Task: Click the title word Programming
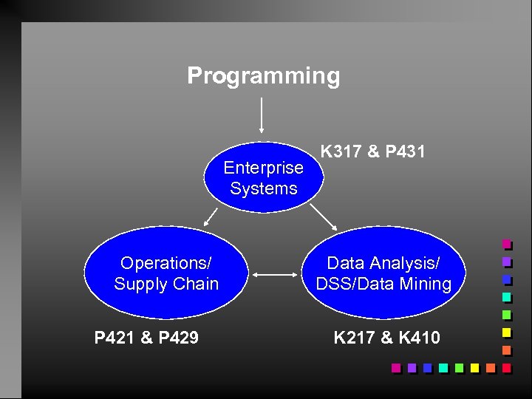pyautogui.click(x=264, y=76)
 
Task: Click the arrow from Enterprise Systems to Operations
pyautogui.click(x=211, y=216)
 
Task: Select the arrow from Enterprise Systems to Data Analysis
pyautogui.click(x=323, y=216)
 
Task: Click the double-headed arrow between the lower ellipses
pyautogui.click(x=275, y=275)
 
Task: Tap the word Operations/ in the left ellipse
pyautogui.click(x=166, y=263)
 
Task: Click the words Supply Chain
pyautogui.click(x=166, y=284)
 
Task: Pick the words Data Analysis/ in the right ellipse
pyautogui.click(x=383, y=263)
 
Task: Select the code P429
pyautogui.click(x=177, y=338)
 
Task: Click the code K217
pyautogui.click(x=357, y=338)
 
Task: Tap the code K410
pyautogui.click(x=418, y=338)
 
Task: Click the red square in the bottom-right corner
pyautogui.click(x=506, y=367)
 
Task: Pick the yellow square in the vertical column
pyautogui.click(x=506, y=332)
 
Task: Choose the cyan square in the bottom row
pyautogui.click(x=443, y=367)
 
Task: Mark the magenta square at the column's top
pyautogui.click(x=506, y=243)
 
